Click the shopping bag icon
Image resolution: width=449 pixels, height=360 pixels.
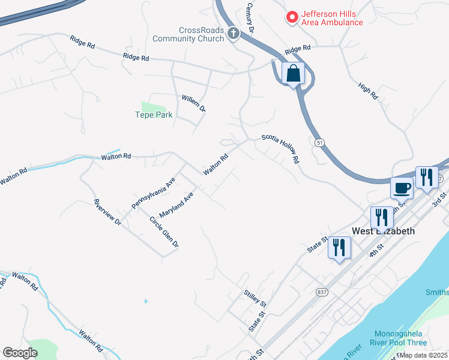pyautogui.click(x=293, y=74)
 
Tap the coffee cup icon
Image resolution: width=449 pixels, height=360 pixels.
pyautogui.click(x=402, y=188)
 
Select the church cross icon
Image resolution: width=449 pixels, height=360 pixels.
pyautogui.click(x=234, y=34)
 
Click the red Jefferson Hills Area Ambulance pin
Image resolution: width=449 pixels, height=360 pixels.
pyautogui.click(x=292, y=17)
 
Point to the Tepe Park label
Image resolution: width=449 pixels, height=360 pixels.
pyautogui.click(x=154, y=115)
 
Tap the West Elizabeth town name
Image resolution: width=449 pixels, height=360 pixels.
pyautogui.click(x=383, y=231)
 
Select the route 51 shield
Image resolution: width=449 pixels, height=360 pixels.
pyautogui.click(x=320, y=142)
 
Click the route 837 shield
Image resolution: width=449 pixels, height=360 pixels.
pyautogui.click(x=323, y=292)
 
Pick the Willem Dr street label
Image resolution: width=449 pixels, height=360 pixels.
pyautogui.click(x=194, y=103)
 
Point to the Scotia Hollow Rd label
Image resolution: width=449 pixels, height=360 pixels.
pyautogui.click(x=280, y=149)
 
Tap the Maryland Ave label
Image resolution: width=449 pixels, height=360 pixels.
pyautogui.click(x=177, y=205)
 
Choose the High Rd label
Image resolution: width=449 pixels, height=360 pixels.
pyautogui.click(x=368, y=91)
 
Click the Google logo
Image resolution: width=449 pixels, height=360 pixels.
pyautogui.click(x=20, y=353)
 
